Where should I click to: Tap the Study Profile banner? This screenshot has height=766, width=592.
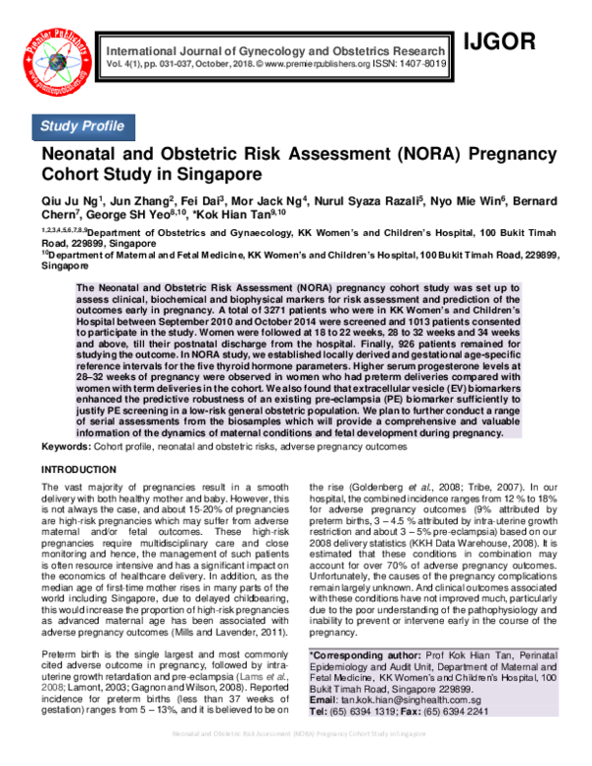82,126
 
